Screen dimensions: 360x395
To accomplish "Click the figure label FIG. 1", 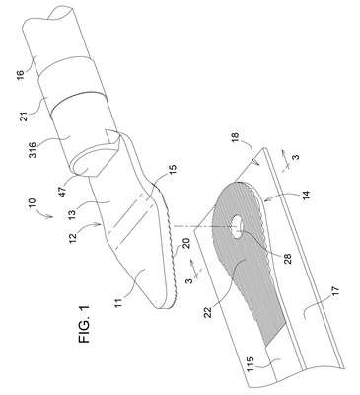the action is coord(84,325).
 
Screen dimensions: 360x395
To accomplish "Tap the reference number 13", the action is coord(72,213).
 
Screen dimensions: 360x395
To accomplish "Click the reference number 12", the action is coord(73,236).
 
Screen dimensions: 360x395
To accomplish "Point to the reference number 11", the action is coord(118,302).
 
